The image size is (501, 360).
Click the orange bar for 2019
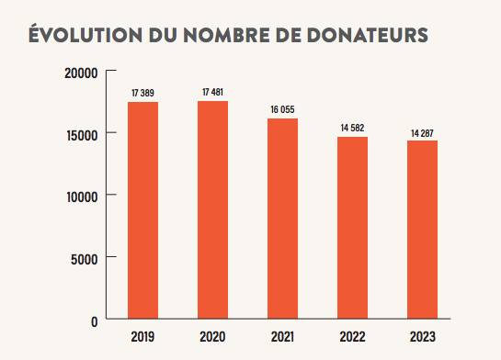point(142,210)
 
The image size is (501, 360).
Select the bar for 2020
point(212,209)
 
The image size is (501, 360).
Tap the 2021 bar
point(282,219)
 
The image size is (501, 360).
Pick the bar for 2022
point(352,228)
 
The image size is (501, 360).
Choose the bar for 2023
point(422,230)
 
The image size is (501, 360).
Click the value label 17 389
point(142,93)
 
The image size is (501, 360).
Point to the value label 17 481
point(212,92)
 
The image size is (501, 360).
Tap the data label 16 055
point(282,109)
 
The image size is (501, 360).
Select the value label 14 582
point(352,128)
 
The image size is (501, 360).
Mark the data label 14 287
point(422,133)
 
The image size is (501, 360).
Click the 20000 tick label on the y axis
point(81,73)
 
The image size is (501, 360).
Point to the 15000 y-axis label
point(82,136)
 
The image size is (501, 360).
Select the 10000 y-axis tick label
point(82,197)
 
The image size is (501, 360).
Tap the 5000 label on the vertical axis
point(85,260)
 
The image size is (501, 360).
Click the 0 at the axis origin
point(95,322)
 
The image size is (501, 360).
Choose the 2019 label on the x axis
point(142,337)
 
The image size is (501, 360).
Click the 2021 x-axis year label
point(282,337)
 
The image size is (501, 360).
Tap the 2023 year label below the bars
point(422,337)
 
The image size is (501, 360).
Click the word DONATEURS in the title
point(368,35)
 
